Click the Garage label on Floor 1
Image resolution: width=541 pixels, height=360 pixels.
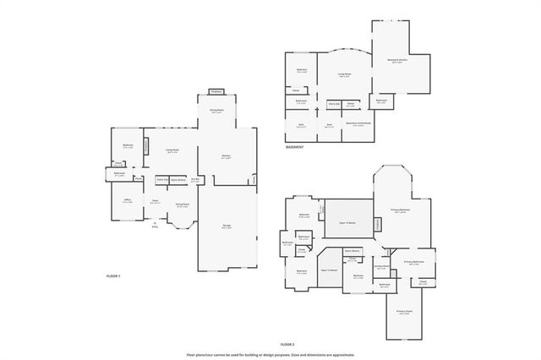pyautogui.click(x=226, y=227)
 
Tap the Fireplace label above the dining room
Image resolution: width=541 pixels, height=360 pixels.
pyautogui.click(x=216, y=91)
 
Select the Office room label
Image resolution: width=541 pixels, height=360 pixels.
pyautogui.click(x=126, y=201)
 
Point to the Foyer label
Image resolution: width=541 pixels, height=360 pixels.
pyautogui.click(x=156, y=202)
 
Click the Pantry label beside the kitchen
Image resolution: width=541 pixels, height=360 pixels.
pyautogui.click(x=253, y=179)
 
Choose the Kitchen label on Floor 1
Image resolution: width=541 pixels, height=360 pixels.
pyautogui.click(x=227, y=156)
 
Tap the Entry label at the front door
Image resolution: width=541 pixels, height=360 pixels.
pyautogui.click(x=155, y=226)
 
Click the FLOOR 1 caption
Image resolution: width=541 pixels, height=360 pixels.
pyautogui.click(x=113, y=276)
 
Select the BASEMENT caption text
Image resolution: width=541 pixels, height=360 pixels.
pyautogui.click(x=294, y=146)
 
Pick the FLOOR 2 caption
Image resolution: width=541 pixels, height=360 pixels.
pyautogui.click(x=287, y=345)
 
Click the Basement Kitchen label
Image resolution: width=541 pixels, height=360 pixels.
pyautogui.click(x=398, y=60)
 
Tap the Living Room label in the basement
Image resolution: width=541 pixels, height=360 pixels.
pyautogui.click(x=345, y=75)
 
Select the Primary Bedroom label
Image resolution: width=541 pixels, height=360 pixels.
pyautogui.click(x=399, y=210)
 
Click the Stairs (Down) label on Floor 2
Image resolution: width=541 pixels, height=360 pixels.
pyautogui.click(x=352, y=251)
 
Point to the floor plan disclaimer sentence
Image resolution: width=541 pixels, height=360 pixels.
pyautogui.click(x=270, y=355)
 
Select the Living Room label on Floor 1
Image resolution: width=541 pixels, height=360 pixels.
pyautogui.click(x=172, y=150)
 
